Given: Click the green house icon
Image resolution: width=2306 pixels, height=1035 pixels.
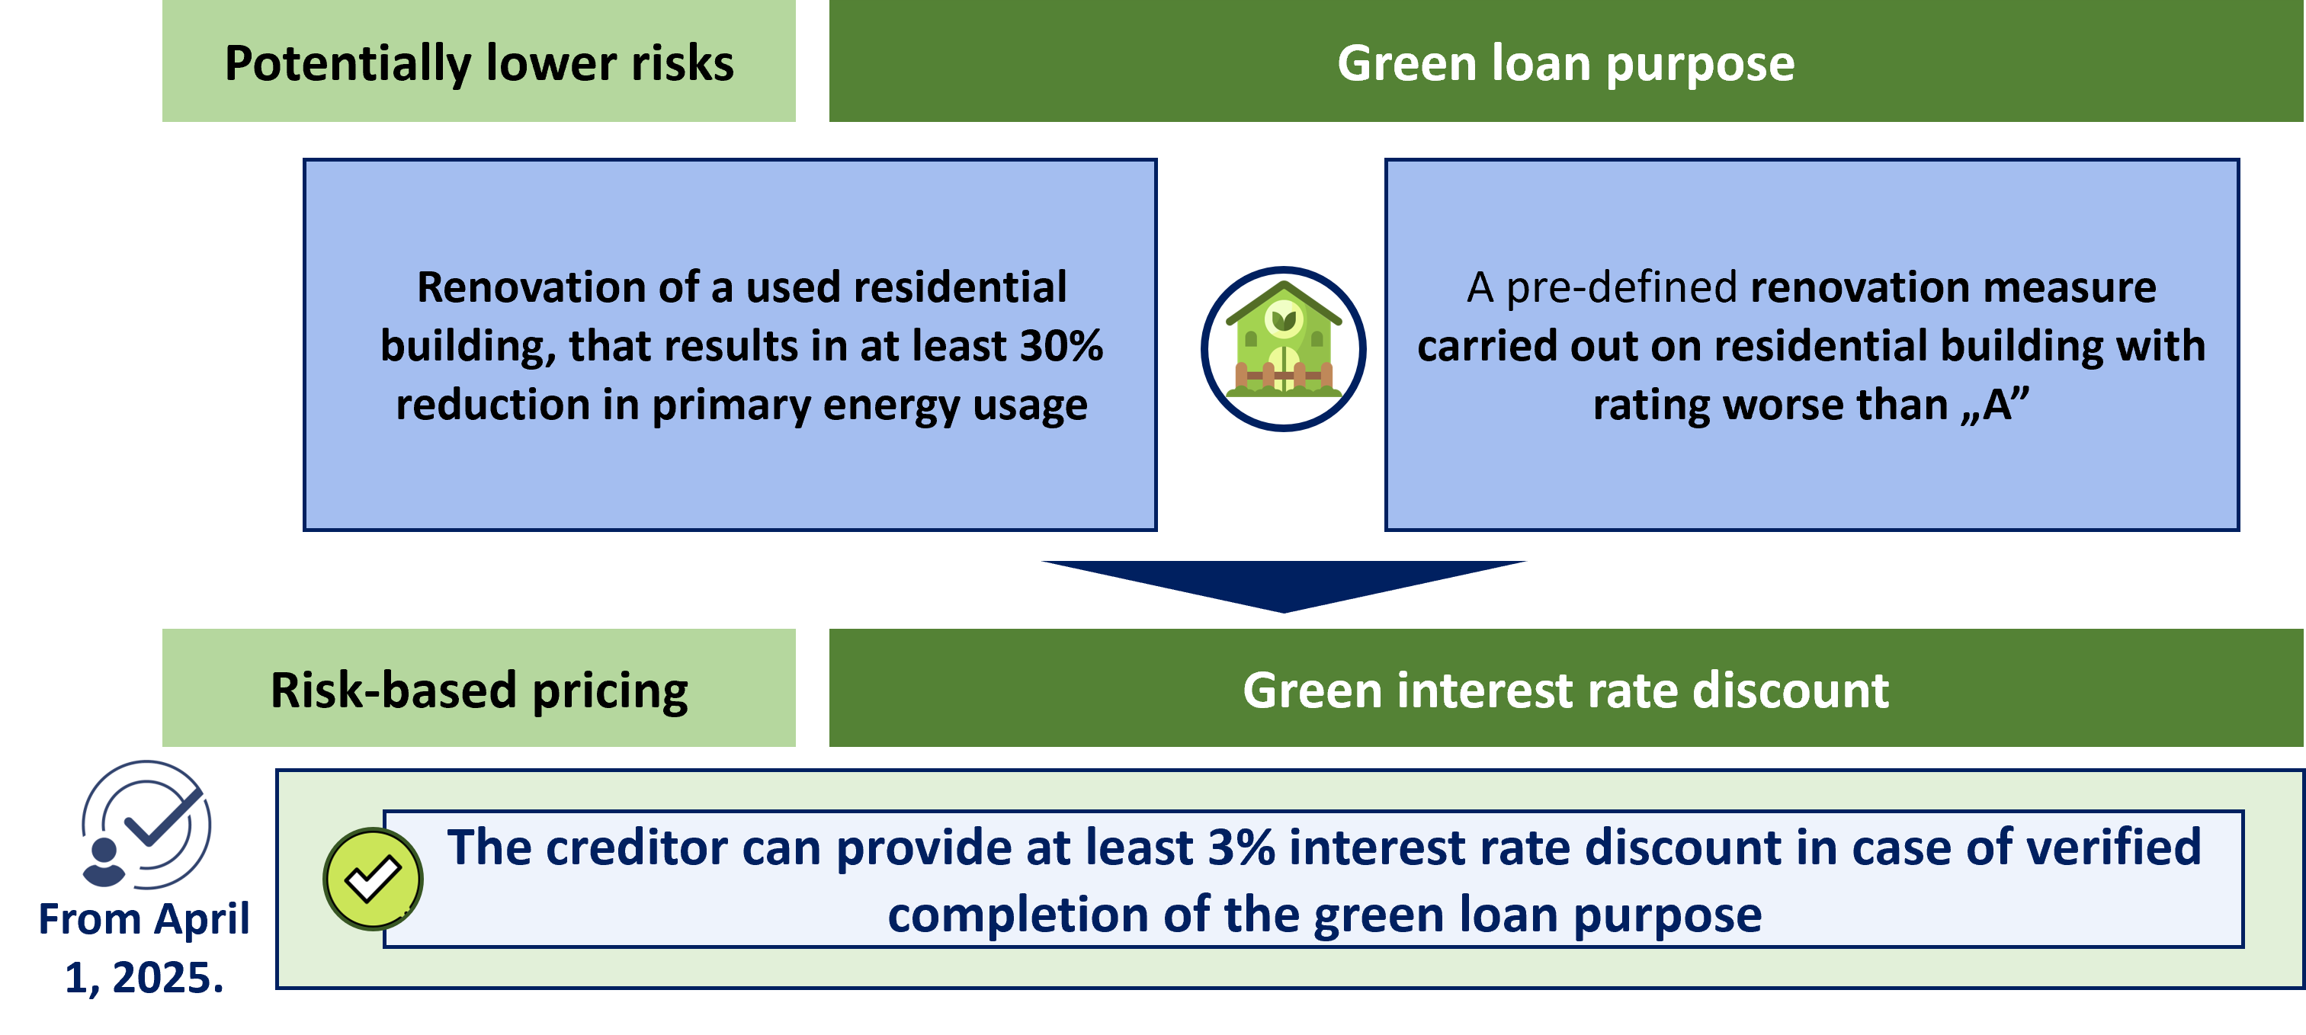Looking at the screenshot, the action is [1284, 348].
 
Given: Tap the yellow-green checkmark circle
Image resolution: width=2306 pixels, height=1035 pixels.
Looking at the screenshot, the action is [373, 878].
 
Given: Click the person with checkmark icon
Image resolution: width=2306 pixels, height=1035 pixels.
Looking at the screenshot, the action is [146, 825].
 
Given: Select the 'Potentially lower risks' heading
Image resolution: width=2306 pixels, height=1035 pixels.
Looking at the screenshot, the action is [479, 63].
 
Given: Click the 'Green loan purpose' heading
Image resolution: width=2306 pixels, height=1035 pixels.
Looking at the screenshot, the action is [1566, 63].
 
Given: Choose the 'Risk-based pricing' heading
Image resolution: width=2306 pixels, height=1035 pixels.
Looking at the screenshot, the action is [479, 691].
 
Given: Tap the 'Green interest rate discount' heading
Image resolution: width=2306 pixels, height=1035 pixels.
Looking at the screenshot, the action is [1566, 691].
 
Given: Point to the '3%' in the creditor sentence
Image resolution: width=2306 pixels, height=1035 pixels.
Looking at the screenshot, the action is [1242, 847].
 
